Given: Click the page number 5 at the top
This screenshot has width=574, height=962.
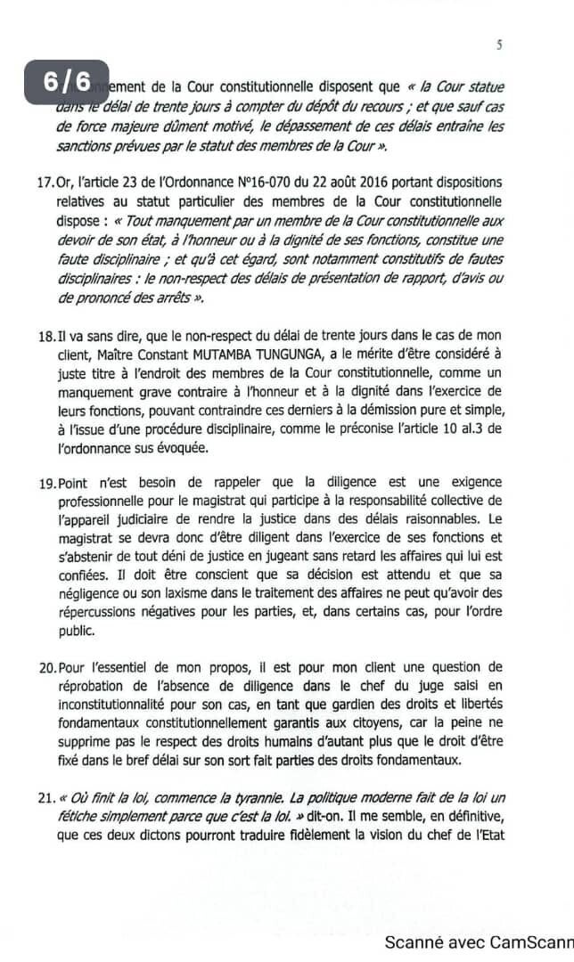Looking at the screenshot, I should (x=499, y=45).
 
